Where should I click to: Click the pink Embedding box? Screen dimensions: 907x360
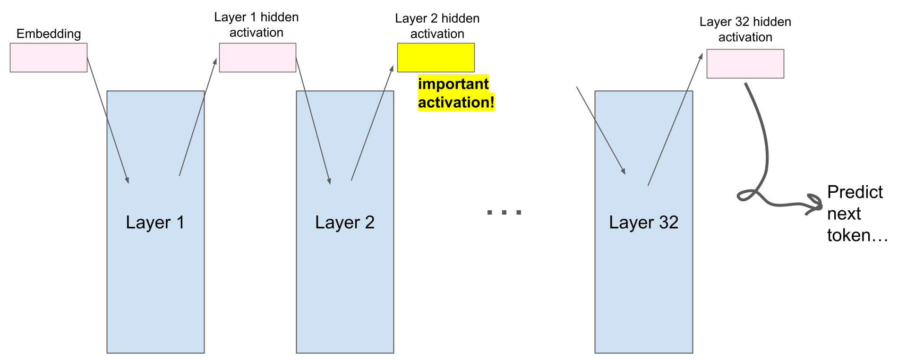(x=49, y=58)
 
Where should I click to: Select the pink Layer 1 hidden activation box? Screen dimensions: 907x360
(x=257, y=58)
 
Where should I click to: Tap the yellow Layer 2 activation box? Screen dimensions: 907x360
(x=436, y=58)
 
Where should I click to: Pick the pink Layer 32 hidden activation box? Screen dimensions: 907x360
(x=745, y=64)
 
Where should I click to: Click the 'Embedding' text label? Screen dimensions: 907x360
(x=49, y=34)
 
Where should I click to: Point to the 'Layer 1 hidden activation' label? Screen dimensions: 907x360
(x=257, y=25)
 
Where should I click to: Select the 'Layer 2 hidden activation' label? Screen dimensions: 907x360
(x=437, y=26)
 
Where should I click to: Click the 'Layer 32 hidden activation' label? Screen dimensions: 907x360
(x=745, y=29)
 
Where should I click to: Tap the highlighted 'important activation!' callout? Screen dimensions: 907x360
(x=456, y=93)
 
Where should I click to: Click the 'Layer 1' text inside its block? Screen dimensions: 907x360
(x=155, y=222)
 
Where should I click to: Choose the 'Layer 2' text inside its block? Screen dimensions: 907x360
(x=345, y=222)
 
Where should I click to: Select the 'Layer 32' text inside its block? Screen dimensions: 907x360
(x=643, y=222)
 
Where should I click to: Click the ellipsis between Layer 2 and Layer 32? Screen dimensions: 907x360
(x=504, y=213)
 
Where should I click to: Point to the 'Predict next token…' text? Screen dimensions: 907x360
(x=857, y=214)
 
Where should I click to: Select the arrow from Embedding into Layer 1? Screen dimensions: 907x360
(x=108, y=120)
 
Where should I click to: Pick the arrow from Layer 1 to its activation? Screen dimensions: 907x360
(x=198, y=117)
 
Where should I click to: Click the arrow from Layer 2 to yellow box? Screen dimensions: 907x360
(x=372, y=123)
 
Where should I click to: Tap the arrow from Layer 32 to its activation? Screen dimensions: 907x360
(x=675, y=119)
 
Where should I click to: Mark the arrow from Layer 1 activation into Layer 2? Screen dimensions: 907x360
(x=313, y=121)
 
